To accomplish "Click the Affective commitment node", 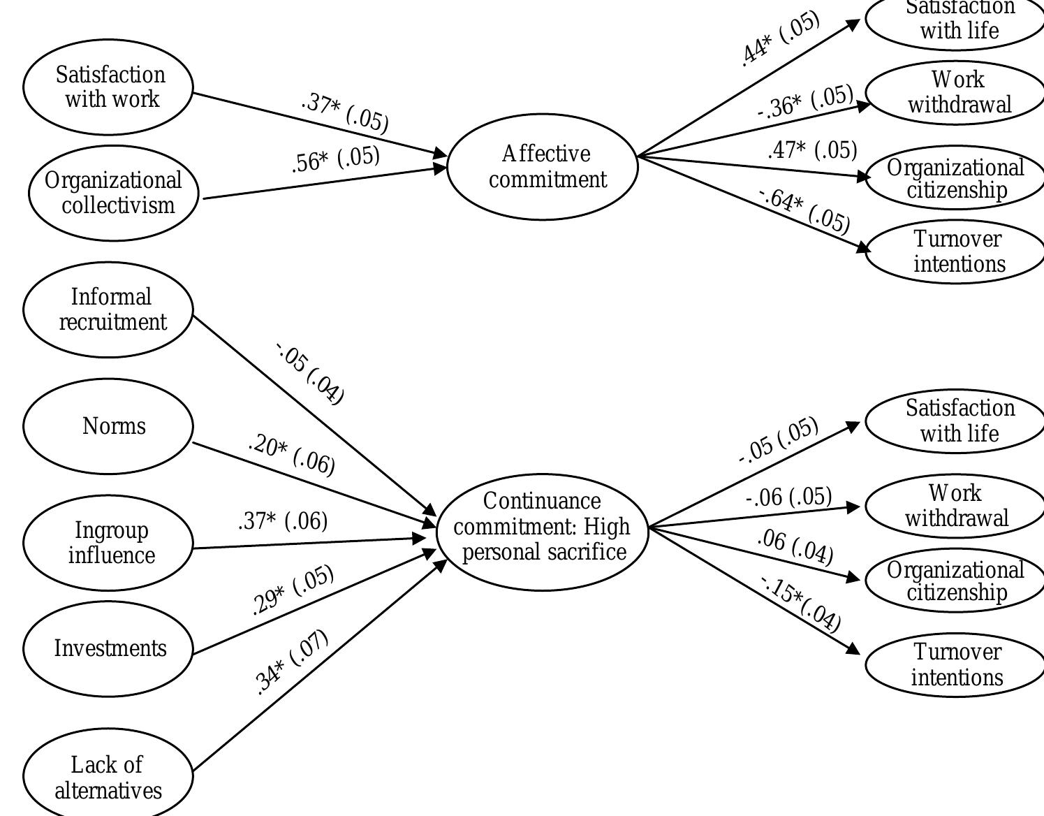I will pos(543,167).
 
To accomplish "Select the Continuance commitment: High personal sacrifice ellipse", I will pos(543,532).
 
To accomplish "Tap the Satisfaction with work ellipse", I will pos(108,87).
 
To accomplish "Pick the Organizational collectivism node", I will pos(114,194).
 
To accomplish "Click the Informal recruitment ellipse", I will pos(108,309).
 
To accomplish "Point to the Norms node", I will pos(108,426).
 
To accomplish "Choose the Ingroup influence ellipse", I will pos(108,543).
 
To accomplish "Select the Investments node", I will pos(108,648).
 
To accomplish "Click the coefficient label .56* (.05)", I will pos(336,159).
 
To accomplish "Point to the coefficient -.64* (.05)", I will pos(804,210).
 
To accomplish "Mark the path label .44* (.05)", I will pos(780,38).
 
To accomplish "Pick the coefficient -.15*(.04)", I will pos(800,603).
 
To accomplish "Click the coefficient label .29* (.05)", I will pos(293,590).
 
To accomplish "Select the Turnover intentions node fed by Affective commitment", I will pos(957,252).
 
